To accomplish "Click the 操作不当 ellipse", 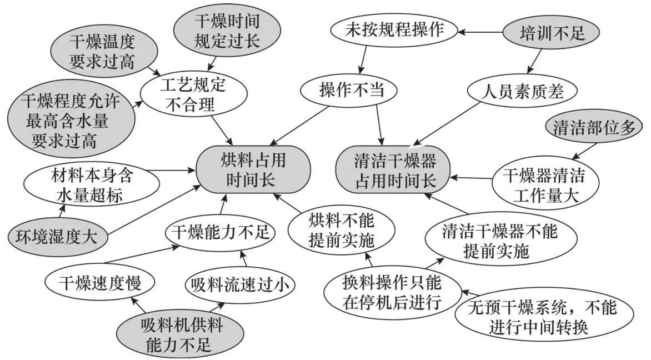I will tap(352, 90).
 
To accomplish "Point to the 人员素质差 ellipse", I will tap(523, 90).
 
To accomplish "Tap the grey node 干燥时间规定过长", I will tap(227, 32).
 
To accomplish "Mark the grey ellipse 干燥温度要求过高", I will tap(102, 51).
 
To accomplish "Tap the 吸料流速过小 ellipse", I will tap(240, 286).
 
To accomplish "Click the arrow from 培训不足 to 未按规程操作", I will tap(480, 32).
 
